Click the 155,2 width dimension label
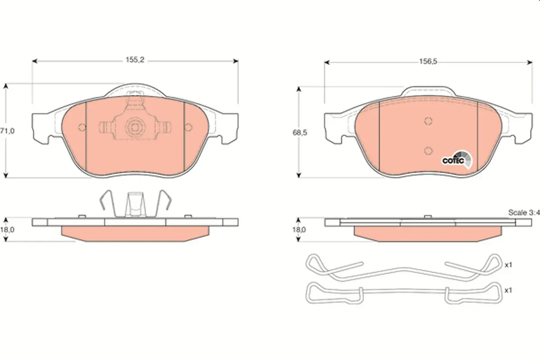(x=135, y=60)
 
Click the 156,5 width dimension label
(x=428, y=62)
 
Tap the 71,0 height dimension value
(x=7, y=131)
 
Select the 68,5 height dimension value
(x=300, y=133)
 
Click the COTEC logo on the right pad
(x=457, y=160)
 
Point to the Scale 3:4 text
(x=524, y=212)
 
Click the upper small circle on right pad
(x=428, y=121)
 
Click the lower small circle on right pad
(x=428, y=151)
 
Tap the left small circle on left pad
(x=82, y=127)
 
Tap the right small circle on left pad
(x=188, y=127)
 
